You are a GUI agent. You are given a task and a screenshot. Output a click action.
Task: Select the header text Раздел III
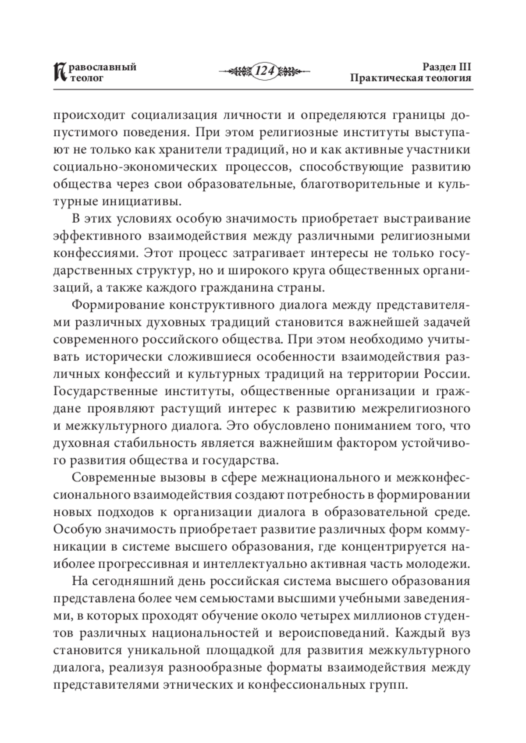coord(446,67)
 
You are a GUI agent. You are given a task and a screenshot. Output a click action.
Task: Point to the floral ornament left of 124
coord(236,71)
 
